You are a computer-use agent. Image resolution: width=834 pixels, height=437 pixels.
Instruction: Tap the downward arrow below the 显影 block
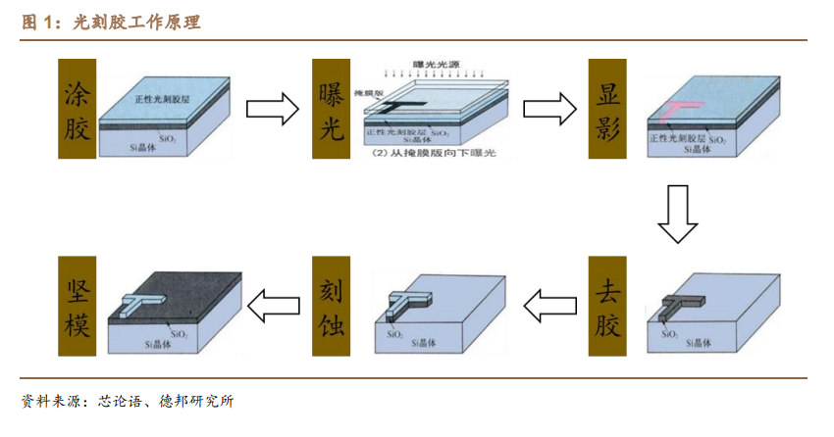pos(677,215)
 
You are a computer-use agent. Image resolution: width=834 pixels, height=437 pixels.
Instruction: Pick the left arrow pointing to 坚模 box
pos(273,307)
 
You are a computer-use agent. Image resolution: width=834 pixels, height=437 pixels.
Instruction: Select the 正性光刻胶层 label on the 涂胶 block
pos(161,98)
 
